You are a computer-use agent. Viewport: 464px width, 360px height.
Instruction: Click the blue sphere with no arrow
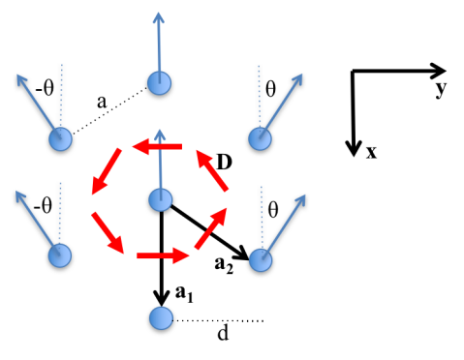(x=161, y=317)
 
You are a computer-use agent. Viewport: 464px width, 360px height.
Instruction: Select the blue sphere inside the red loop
(x=161, y=199)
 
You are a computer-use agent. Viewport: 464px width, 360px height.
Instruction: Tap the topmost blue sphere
(x=159, y=82)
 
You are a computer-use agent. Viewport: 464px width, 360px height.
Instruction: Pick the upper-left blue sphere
(x=60, y=138)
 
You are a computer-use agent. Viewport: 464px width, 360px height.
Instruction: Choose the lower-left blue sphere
(x=60, y=255)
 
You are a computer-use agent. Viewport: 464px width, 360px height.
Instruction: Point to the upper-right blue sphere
(x=260, y=138)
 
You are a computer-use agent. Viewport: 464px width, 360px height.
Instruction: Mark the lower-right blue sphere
(x=261, y=259)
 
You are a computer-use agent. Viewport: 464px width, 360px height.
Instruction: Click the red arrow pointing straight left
(x=157, y=146)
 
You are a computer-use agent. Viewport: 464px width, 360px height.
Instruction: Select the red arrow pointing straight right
(x=163, y=255)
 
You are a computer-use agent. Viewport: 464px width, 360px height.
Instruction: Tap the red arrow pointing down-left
(x=107, y=170)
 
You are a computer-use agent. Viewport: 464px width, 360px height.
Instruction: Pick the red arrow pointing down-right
(x=108, y=232)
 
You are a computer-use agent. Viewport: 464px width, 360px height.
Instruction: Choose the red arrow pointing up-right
(x=211, y=228)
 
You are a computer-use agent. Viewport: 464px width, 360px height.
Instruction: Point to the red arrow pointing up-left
(x=212, y=170)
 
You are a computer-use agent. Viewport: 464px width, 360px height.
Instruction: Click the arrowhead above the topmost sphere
(x=158, y=16)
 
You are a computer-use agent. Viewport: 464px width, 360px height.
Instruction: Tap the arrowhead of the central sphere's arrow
(x=160, y=135)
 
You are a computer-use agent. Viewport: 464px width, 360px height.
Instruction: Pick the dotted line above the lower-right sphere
(x=261, y=217)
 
